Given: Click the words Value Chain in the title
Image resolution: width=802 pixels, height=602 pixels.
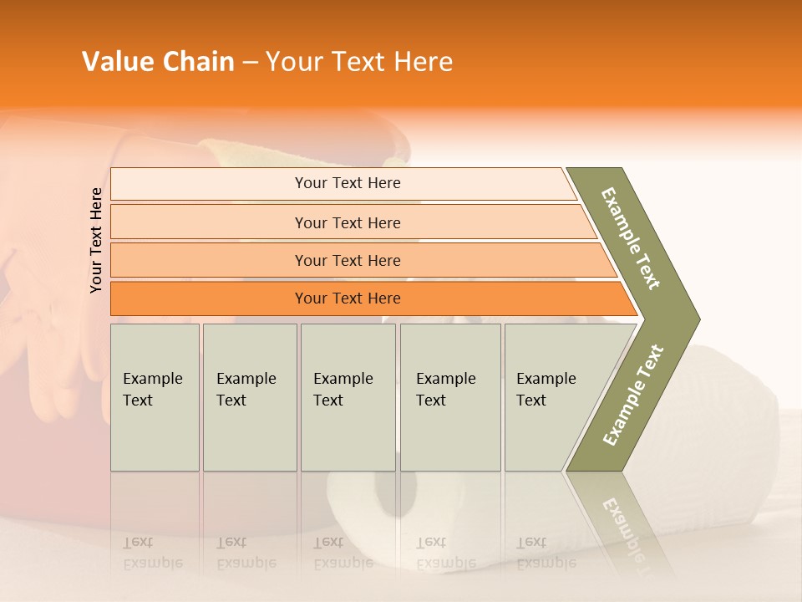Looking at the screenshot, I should pyautogui.click(x=158, y=62).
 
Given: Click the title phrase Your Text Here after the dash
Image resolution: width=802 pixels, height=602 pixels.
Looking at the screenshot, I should pyautogui.click(x=358, y=62).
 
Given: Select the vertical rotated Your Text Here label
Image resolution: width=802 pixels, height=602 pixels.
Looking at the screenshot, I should pyautogui.click(x=96, y=240).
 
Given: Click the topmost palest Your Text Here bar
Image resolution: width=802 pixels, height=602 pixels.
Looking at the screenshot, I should pyautogui.click(x=348, y=183).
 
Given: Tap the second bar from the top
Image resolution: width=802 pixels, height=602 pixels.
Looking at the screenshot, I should pyautogui.click(x=348, y=222).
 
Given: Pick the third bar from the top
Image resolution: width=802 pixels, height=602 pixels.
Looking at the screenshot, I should pyautogui.click(x=348, y=260).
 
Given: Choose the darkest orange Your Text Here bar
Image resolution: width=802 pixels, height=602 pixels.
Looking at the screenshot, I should pyautogui.click(x=348, y=298).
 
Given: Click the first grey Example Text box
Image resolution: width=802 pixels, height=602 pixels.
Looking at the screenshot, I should pyautogui.click(x=155, y=396).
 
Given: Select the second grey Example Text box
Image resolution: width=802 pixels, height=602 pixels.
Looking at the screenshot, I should pyautogui.click(x=249, y=396).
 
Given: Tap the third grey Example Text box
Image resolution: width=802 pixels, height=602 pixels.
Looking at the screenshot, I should pyautogui.click(x=348, y=396).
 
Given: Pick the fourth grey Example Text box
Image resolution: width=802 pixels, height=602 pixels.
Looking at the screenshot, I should pyautogui.click(x=449, y=396).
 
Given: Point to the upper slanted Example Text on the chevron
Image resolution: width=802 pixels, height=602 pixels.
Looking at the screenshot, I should pyautogui.click(x=631, y=238).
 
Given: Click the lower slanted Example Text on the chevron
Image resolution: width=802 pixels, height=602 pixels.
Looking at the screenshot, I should pyautogui.click(x=633, y=395).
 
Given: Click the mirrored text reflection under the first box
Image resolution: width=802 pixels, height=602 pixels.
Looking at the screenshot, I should pyautogui.click(x=152, y=553).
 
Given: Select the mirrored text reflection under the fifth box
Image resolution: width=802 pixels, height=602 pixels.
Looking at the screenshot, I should pyautogui.click(x=546, y=553).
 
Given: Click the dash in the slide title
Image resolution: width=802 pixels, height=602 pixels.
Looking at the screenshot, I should pyautogui.click(x=249, y=63).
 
